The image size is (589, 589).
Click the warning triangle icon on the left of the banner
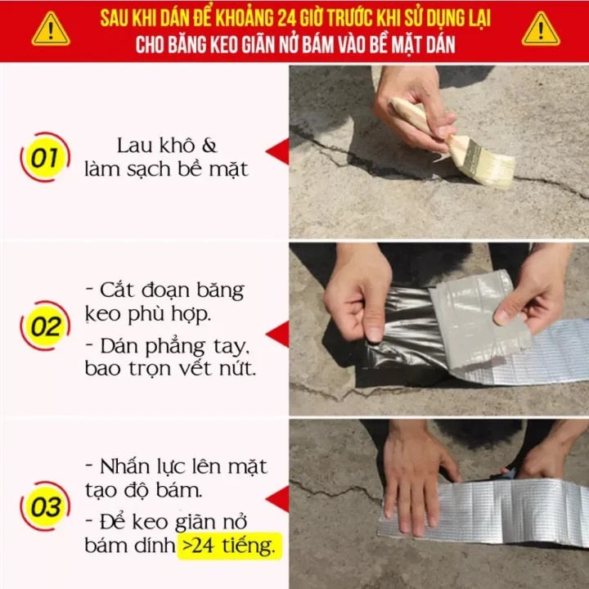coord(51,29)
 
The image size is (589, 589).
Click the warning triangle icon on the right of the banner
coord(541,29)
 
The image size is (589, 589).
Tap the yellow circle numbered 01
coord(45,157)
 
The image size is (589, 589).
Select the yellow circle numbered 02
coord(45,326)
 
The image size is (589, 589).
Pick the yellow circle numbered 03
coord(45,506)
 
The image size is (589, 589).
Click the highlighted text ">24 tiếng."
coord(229,546)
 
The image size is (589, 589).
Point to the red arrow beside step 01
coord(277,151)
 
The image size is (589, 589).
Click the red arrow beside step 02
coord(277,334)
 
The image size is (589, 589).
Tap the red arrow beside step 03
coord(277,499)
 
